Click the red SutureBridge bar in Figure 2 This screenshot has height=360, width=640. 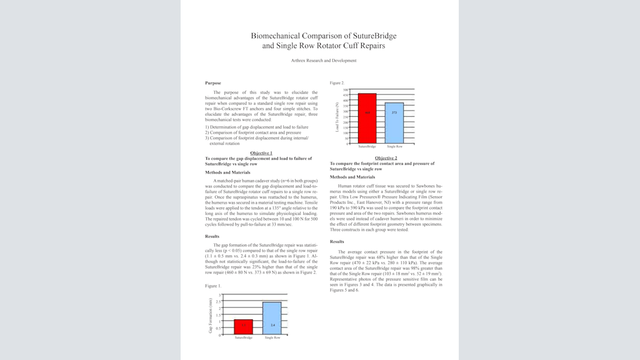click(x=367, y=118)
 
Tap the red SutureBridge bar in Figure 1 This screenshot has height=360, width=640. click(x=244, y=327)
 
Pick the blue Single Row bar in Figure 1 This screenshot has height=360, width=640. click(x=272, y=318)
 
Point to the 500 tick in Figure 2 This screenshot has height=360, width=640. click(x=346, y=90)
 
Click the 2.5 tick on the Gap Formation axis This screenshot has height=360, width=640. click(x=219, y=302)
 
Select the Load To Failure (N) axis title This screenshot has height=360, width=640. click(x=337, y=117)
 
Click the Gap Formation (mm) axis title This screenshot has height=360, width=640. click(x=211, y=315)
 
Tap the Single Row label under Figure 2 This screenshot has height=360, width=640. click(x=394, y=146)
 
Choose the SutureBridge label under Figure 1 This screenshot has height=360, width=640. click(x=244, y=337)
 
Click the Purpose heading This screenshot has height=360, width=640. click(x=212, y=83)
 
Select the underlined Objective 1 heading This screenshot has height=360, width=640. click(x=261, y=153)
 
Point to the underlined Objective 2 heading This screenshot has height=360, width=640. click(x=386, y=158)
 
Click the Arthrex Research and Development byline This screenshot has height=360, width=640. click(x=324, y=61)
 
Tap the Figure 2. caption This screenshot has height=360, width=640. click(x=337, y=82)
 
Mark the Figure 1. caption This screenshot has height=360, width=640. click(x=212, y=286)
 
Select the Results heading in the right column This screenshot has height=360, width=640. click(x=337, y=241)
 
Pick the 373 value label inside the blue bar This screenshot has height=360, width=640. click(x=394, y=112)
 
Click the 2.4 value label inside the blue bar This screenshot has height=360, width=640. click(x=272, y=326)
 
